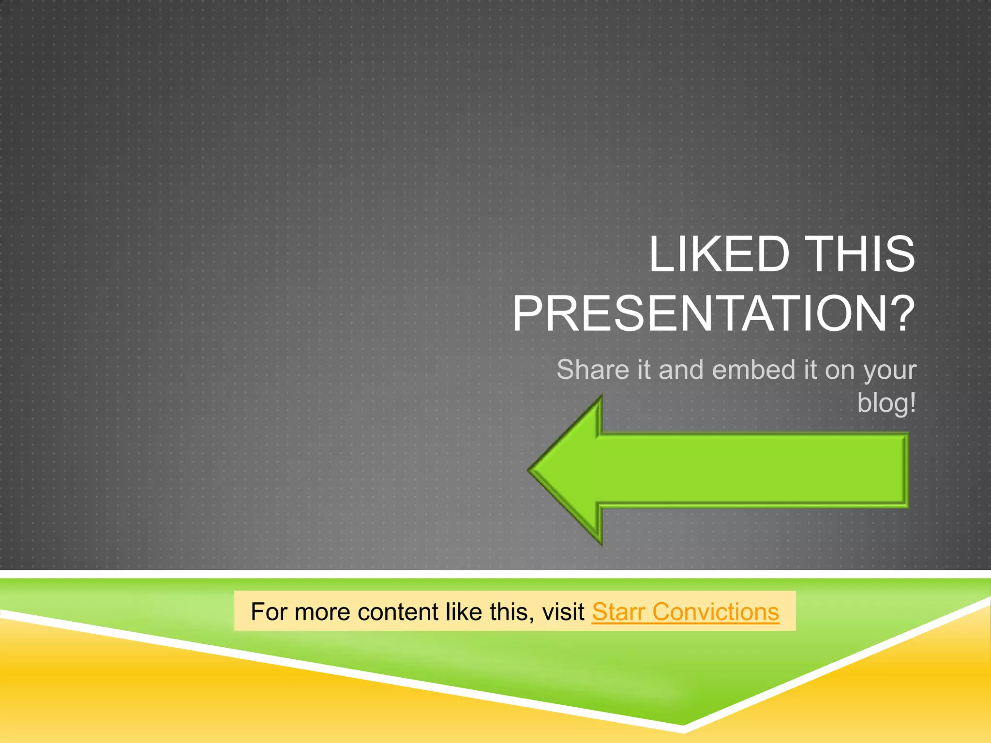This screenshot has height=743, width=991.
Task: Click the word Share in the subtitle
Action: click(593, 370)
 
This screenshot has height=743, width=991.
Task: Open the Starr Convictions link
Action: click(685, 612)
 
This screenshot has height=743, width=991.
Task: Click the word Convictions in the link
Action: click(716, 612)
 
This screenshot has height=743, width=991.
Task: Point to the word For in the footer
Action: click(269, 612)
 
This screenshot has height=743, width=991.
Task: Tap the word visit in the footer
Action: click(563, 612)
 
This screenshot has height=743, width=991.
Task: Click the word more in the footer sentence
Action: click(322, 612)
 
